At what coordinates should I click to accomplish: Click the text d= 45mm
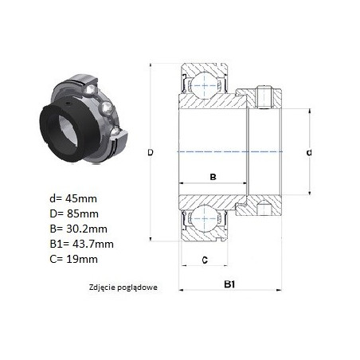pyautogui.click(x=73, y=198)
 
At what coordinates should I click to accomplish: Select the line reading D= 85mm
pyautogui.click(x=74, y=213)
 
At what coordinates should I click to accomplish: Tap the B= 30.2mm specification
pyautogui.click(x=79, y=229)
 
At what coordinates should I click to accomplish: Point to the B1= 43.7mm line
pyautogui.click(x=82, y=244)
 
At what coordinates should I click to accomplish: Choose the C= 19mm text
pyautogui.click(x=74, y=259)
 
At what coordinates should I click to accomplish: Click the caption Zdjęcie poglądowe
pyautogui.click(x=123, y=288)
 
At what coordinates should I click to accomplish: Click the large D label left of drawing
pyautogui.click(x=151, y=153)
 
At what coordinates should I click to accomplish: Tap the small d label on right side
pyautogui.click(x=309, y=153)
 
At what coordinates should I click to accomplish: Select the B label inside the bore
pyautogui.click(x=213, y=177)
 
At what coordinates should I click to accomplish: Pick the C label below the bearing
pyautogui.click(x=205, y=260)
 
